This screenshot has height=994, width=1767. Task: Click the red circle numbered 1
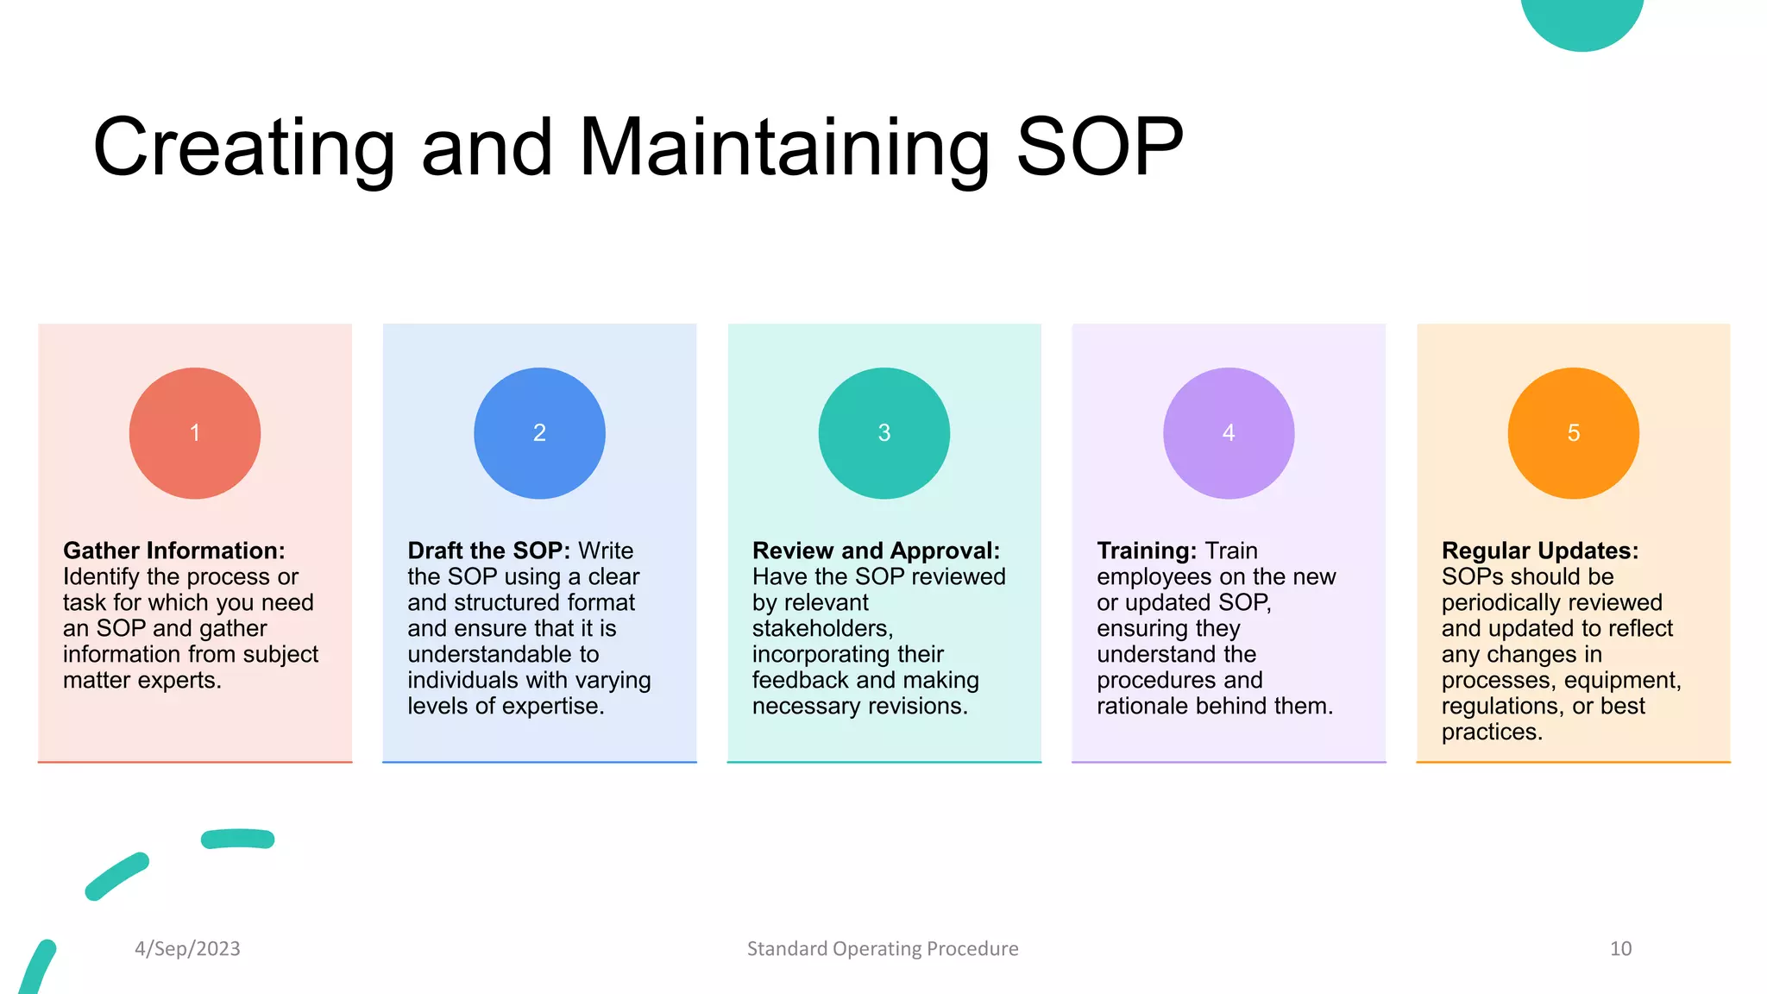point(195,433)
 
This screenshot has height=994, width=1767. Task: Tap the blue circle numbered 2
point(539,433)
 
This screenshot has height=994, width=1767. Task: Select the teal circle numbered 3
point(883,433)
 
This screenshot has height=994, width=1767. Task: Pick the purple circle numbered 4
point(1229,433)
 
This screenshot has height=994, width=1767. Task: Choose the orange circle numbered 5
point(1573,433)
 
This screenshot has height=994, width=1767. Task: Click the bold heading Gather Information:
point(173,550)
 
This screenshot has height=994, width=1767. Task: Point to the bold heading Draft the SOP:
point(488,550)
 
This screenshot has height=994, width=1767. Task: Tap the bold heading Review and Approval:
point(876,550)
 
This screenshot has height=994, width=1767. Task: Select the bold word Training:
point(1147,550)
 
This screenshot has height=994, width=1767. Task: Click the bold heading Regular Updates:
point(1539,550)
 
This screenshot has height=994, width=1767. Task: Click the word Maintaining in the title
point(784,148)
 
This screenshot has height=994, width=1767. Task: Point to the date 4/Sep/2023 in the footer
point(187,948)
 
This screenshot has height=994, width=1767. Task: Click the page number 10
point(1620,948)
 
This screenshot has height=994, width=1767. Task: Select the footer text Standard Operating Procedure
point(883,948)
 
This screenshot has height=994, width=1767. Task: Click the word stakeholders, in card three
point(822,628)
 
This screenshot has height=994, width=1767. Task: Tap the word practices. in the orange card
point(1492,732)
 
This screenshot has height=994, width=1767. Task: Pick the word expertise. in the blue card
point(553,706)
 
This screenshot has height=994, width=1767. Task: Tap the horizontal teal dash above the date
point(237,839)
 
